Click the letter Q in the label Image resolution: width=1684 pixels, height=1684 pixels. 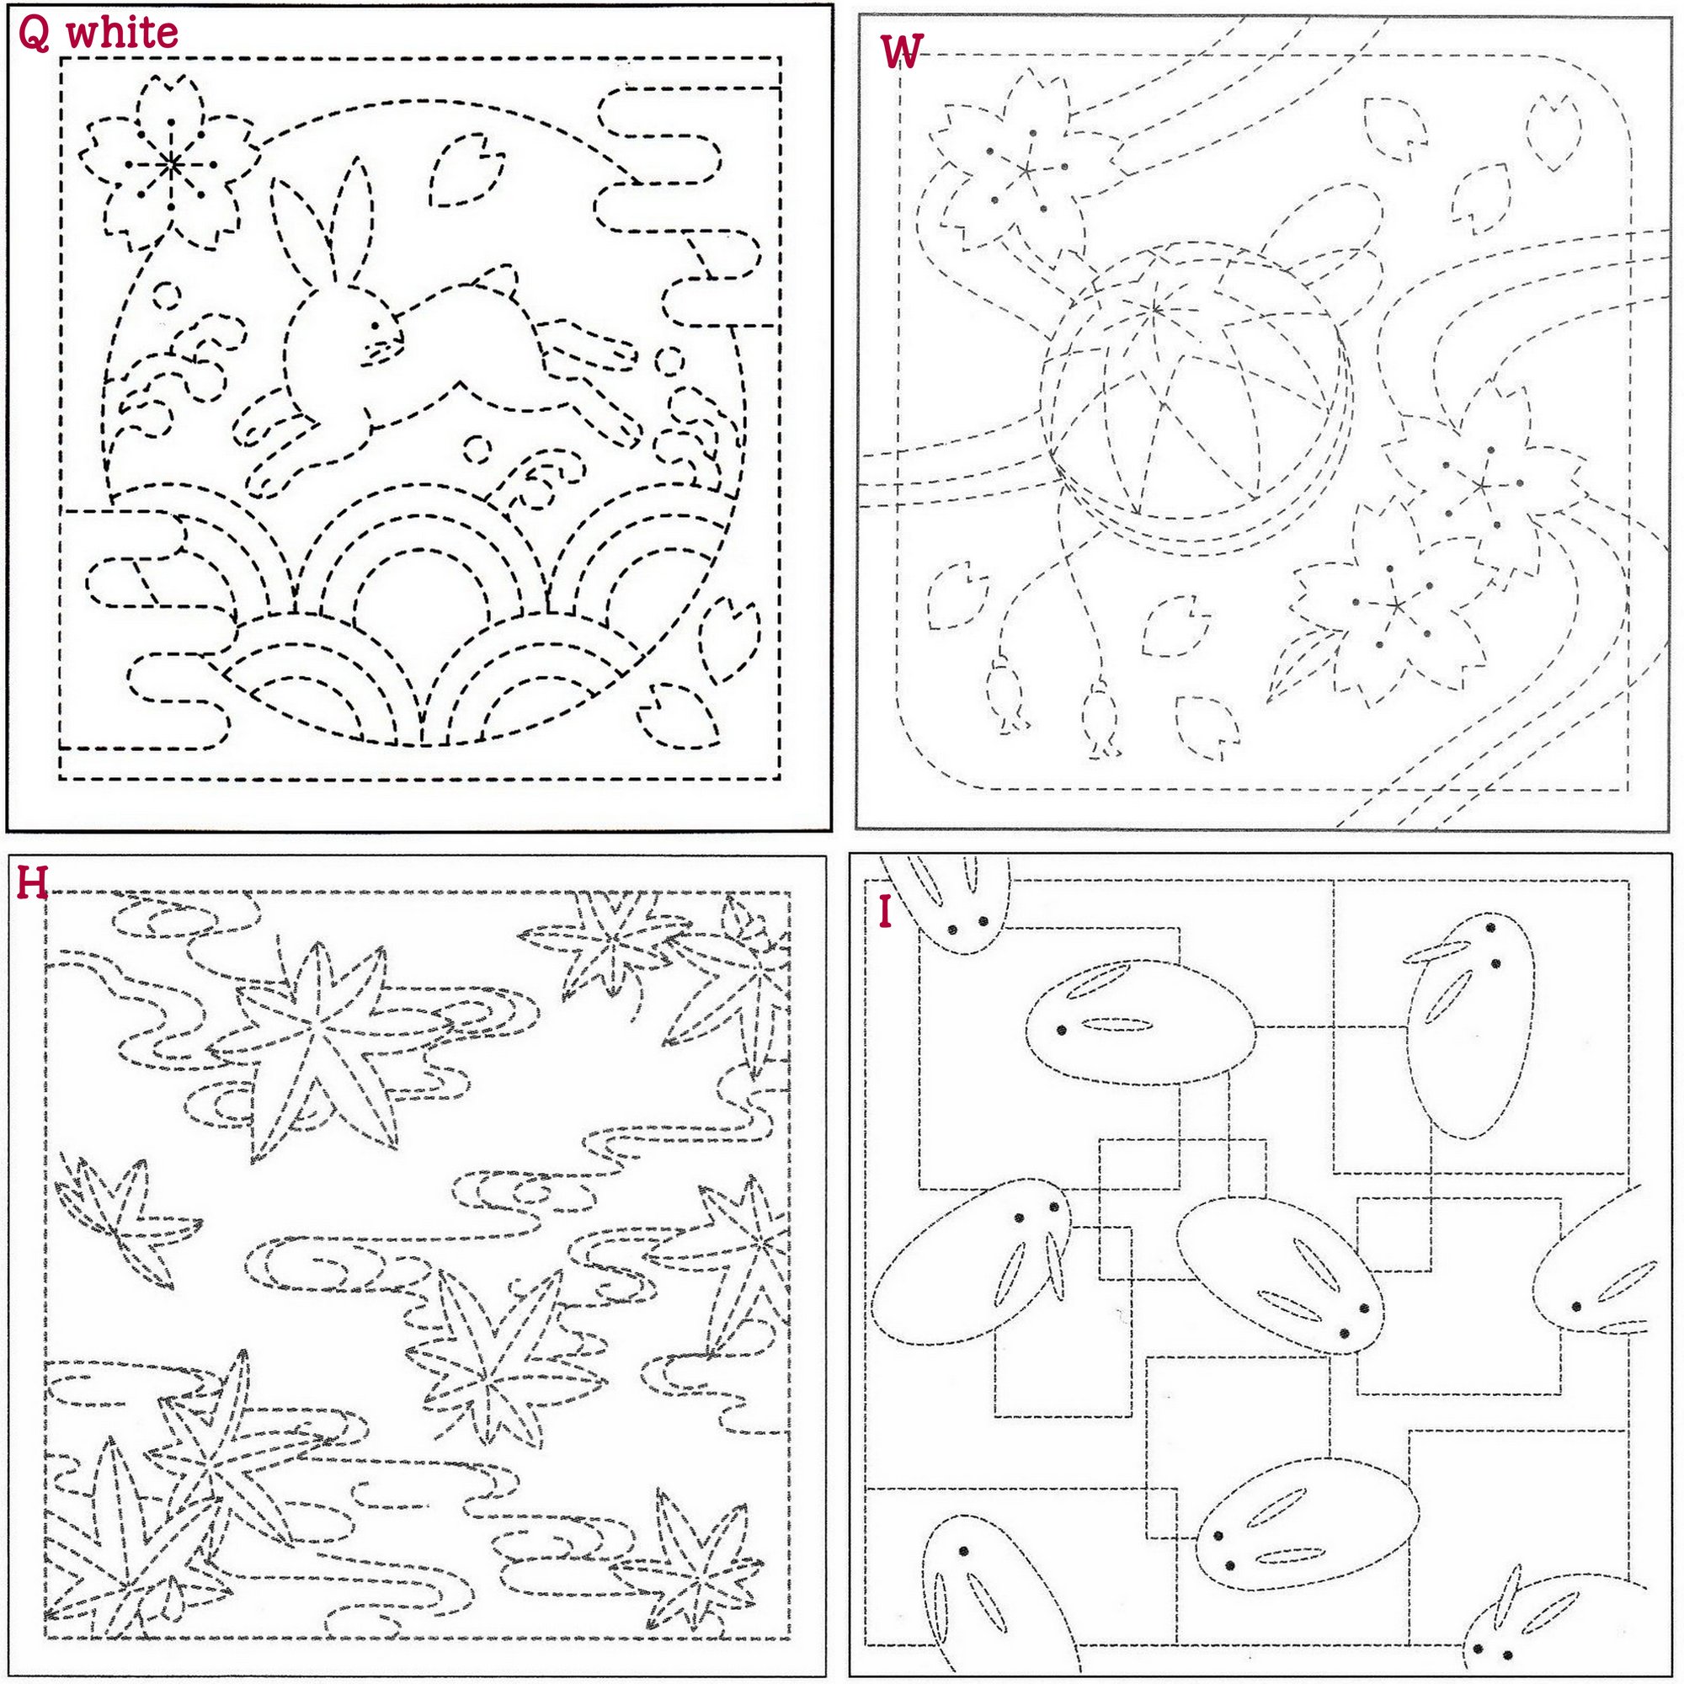click(x=33, y=34)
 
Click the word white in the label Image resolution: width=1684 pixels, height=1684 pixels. click(x=122, y=32)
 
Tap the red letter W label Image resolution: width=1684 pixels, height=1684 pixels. click(x=901, y=52)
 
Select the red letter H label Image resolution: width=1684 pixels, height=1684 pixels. click(x=31, y=884)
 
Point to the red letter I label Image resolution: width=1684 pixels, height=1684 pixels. click(x=886, y=913)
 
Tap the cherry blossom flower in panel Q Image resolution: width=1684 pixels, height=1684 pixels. click(x=170, y=163)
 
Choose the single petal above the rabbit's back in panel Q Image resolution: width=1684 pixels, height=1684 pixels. click(x=466, y=169)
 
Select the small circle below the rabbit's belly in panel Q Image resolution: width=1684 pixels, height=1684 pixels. click(x=476, y=448)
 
